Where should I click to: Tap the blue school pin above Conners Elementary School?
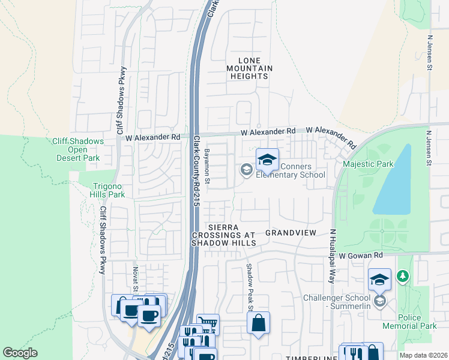pos(267,160)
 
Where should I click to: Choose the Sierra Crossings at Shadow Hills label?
pos(223,235)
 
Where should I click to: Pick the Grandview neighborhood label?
pos(291,232)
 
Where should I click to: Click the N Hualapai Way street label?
pos(331,256)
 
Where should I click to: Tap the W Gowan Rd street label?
pos(360,255)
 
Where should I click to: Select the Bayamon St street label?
pos(206,164)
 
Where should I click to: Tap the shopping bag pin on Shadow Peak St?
pos(258,323)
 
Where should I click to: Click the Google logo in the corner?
pos(20,353)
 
